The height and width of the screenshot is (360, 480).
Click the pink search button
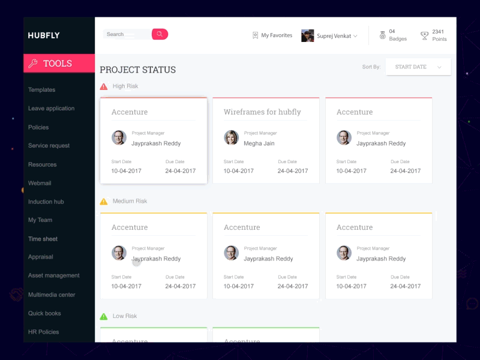[x=160, y=34]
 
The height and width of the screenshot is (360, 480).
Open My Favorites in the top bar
[x=272, y=35]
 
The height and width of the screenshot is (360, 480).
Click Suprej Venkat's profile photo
[x=308, y=36]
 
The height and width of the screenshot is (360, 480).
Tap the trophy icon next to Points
[x=425, y=35]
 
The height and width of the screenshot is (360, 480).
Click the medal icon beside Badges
[x=382, y=35]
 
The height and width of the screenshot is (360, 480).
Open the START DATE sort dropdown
[x=418, y=67]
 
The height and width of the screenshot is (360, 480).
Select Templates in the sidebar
[x=42, y=90]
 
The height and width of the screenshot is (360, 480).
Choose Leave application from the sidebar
[x=52, y=109]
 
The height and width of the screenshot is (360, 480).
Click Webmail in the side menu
[x=40, y=183]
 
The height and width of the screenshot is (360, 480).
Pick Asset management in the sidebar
[x=54, y=275]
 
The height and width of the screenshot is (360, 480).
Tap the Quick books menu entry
[x=44, y=313]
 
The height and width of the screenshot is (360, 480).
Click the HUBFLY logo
[x=44, y=35]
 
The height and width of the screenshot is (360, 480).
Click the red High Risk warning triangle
[x=104, y=86]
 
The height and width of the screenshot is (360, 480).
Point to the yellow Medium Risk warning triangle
[x=104, y=202]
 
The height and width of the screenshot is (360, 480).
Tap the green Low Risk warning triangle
[x=104, y=316]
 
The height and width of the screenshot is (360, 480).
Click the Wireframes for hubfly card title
[x=262, y=112]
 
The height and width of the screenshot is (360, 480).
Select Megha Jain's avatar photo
[x=231, y=137]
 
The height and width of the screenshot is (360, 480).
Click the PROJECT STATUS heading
[x=138, y=70]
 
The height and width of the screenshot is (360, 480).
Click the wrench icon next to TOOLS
[x=34, y=64]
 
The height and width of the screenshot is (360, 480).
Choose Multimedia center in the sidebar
[x=52, y=295]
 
